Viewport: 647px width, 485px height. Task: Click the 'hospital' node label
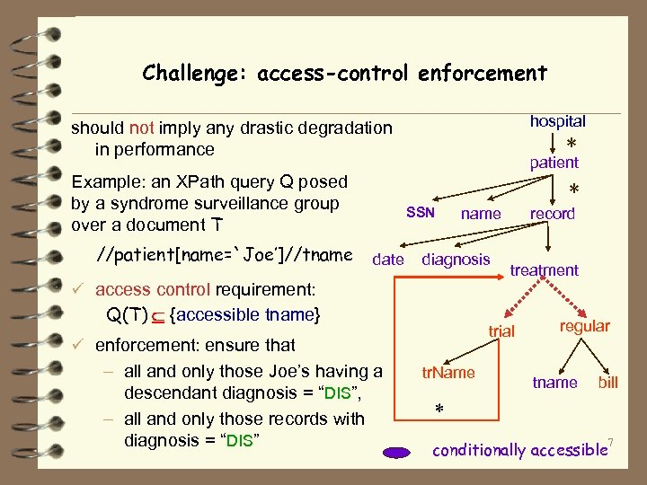click(557, 121)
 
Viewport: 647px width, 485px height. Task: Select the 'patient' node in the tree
click(554, 163)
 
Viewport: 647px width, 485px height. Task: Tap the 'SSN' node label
click(420, 213)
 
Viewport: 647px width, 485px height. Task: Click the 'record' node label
click(553, 214)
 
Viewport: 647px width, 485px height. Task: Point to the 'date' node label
click(387, 260)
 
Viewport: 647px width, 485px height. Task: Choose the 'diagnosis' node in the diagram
click(456, 260)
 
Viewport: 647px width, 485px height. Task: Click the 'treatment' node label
click(544, 270)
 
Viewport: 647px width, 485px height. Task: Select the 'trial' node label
click(501, 331)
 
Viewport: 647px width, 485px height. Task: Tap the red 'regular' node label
click(584, 326)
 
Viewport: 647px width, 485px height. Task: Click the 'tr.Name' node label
click(448, 373)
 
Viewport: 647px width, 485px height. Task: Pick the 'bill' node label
click(608, 383)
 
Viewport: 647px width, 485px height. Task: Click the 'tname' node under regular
click(554, 383)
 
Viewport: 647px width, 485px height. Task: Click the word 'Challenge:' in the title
click(195, 73)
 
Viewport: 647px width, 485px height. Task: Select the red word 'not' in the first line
click(141, 128)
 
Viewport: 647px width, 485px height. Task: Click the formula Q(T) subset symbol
click(158, 315)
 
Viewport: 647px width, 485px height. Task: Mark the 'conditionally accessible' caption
click(518, 450)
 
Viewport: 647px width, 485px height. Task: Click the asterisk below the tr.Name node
click(439, 410)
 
